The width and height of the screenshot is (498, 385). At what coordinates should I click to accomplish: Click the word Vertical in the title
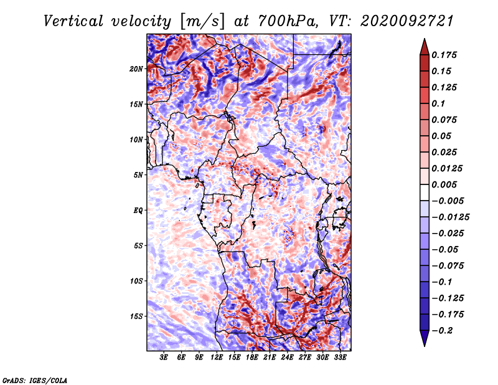coord(73,21)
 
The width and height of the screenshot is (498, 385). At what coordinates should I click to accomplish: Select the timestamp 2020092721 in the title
coord(407,21)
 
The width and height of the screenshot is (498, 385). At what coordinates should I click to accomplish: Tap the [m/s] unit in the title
coord(202,22)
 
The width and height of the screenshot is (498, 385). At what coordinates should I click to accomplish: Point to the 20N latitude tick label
coord(136,69)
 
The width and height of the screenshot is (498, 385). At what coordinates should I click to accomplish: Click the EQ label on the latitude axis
coord(138,211)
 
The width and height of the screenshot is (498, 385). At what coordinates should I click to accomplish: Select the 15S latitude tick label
coord(136,316)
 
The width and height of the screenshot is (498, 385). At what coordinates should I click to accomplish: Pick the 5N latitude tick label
coord(138,175)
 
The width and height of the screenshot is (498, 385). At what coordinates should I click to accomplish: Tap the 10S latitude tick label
coord(136,281)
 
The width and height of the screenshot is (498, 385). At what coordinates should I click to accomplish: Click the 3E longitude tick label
coord(164,357)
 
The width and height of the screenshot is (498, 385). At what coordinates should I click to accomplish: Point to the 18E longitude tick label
coord(252,357)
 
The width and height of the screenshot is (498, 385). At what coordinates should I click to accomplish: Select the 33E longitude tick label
coord(340,357)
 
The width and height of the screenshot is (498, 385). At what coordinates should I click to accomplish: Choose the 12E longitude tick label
coord(216,357)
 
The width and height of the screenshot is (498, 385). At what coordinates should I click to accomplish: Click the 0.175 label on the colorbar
coord(444,55)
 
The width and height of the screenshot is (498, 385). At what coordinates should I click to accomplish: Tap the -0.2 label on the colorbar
coord(442,331)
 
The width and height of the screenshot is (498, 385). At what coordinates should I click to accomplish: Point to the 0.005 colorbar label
coord(444,184)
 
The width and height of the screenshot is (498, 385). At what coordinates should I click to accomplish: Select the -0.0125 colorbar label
coord(450,217)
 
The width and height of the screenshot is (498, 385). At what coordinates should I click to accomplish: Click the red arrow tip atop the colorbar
coord(425,39)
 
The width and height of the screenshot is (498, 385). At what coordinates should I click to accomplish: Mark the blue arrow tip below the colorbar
coord(425,346)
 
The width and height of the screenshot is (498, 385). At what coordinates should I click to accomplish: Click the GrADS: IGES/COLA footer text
coord(35,380)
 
